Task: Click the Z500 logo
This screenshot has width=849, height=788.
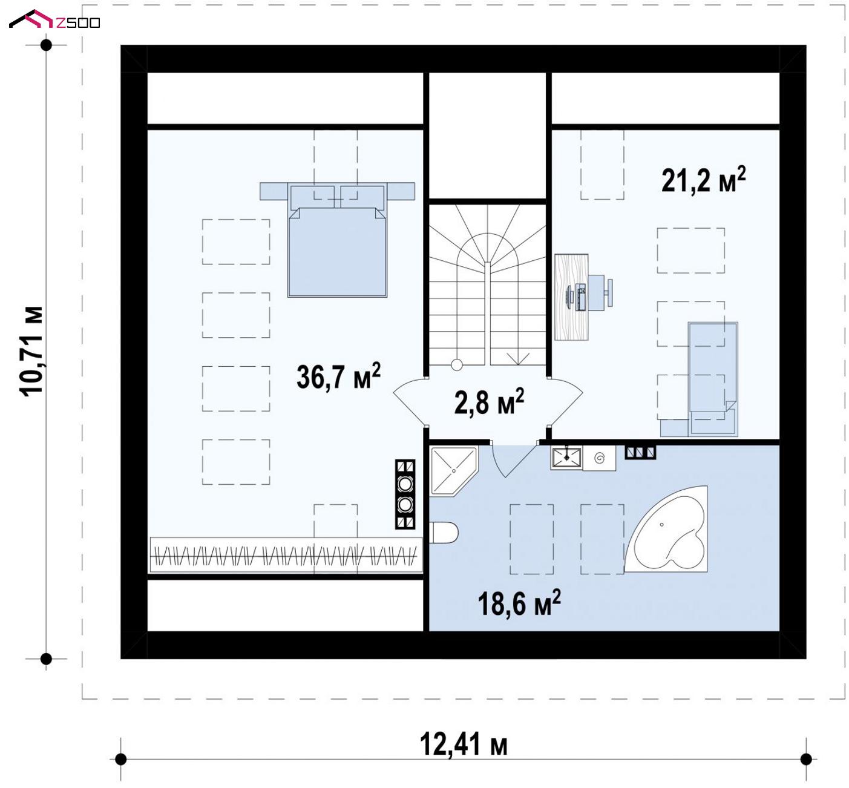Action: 54,19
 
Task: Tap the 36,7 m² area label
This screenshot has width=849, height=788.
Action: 338,376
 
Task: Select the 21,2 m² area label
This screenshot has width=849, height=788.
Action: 704,180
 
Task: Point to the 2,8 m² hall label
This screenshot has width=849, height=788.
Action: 489,402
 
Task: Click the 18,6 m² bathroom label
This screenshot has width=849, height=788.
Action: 519,603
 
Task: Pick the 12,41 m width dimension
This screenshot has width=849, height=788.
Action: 464,744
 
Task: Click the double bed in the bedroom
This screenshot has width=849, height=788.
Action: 337,240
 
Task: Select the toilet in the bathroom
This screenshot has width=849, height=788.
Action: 444,533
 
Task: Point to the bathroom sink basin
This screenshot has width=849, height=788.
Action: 566,458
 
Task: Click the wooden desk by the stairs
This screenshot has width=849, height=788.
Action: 571,297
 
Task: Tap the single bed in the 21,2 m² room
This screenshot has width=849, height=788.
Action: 713,379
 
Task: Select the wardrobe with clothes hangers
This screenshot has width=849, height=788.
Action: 286,555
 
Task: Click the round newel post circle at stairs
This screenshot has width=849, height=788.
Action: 457,365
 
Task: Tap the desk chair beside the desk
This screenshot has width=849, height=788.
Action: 600,293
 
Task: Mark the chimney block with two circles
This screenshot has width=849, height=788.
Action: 405,494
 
